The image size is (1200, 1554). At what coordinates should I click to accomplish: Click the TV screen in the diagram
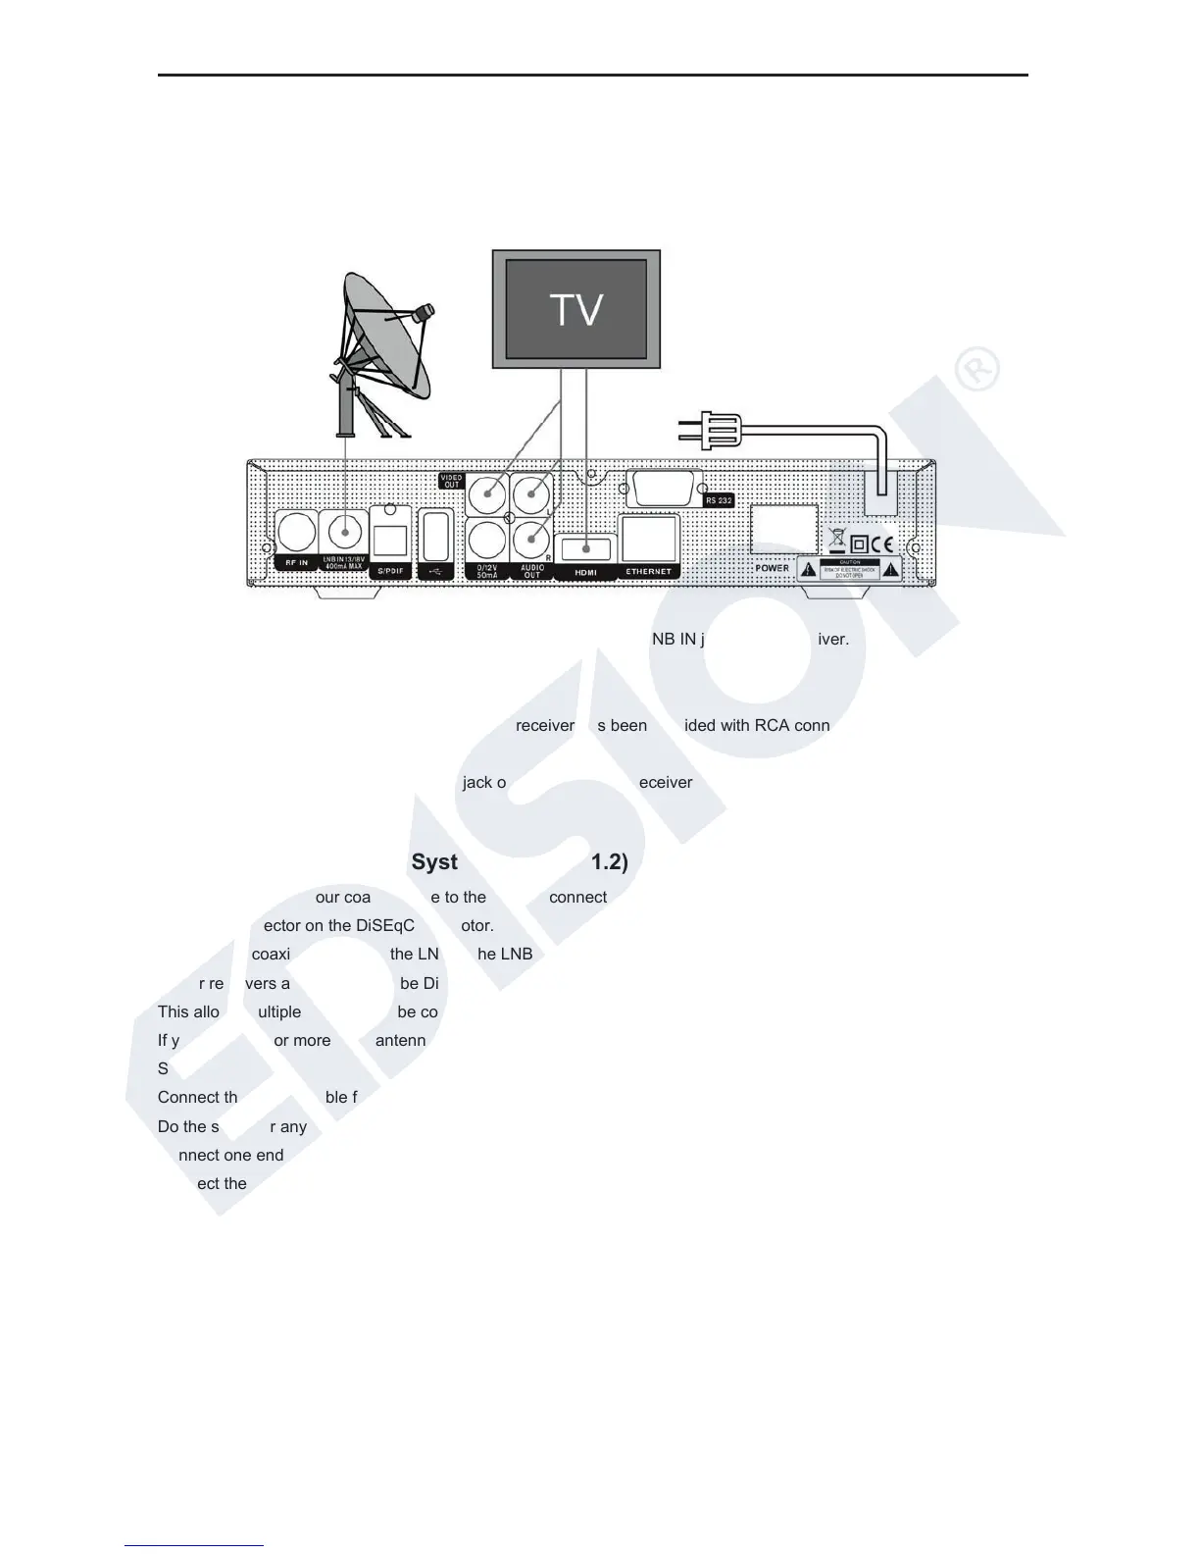576,309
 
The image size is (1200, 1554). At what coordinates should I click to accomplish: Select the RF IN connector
295,533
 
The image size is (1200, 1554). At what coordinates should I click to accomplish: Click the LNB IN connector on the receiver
344,533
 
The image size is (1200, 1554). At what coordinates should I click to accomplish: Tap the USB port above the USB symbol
435,536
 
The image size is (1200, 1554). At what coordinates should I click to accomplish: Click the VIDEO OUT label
451,481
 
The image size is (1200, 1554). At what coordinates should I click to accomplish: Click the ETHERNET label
649,571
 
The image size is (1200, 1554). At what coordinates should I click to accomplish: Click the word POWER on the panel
773,568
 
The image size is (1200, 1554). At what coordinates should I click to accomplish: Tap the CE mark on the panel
881,544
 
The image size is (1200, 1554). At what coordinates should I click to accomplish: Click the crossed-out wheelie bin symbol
836,538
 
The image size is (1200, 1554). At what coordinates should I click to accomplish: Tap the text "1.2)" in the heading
609,861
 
